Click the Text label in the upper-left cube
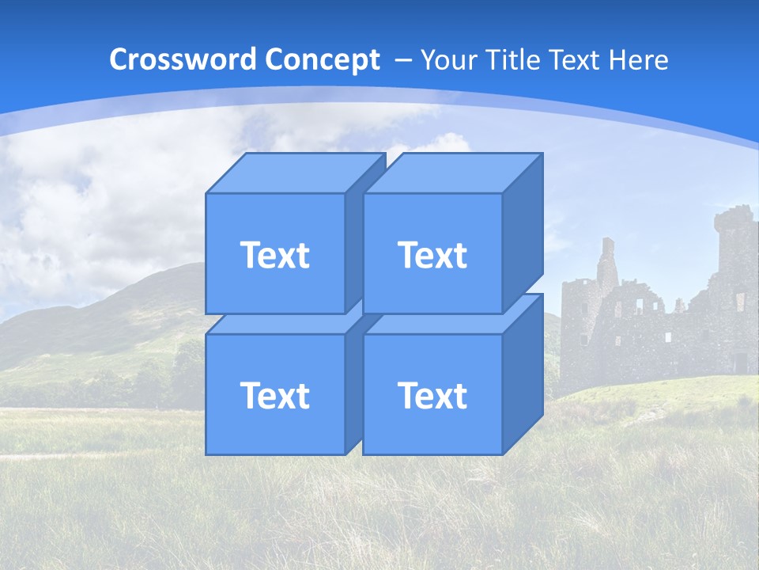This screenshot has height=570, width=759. tap(274, 255)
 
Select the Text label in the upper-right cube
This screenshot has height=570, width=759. tap(432, 255)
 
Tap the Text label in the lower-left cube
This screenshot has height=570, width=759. tap(274, 395)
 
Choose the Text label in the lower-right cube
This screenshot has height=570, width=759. tap(432, 395)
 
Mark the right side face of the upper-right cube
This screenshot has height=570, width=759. tap(523, 234)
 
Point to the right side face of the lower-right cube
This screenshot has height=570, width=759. tap(523, 374)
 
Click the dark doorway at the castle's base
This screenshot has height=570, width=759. tap(740, 363)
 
